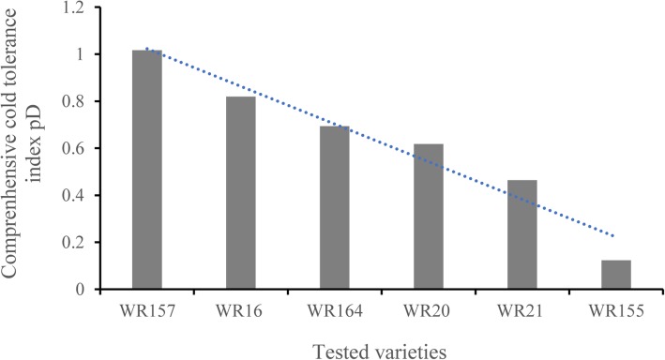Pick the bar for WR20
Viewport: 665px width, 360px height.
click(429, 217)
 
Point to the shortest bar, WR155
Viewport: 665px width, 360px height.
click(616, 275)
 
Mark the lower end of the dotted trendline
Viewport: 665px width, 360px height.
click(615, 236)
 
